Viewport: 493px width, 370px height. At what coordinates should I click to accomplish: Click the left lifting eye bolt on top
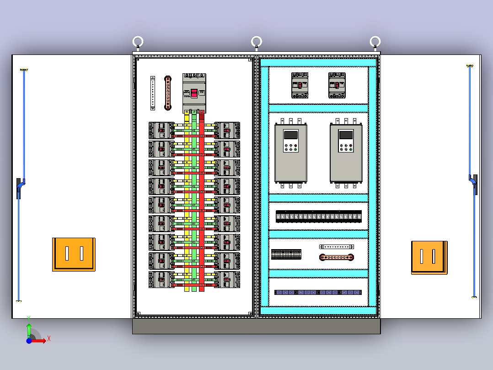click(x=138, y=42)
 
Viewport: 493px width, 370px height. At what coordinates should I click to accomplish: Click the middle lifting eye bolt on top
click(x=257, y=42)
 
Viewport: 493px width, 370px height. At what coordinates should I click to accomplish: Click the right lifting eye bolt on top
click(x=375, y=42)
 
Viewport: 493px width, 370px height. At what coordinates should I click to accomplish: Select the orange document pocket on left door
click(x=74, y=254)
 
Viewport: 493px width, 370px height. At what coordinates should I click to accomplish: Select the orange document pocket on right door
click(x=429, y=257)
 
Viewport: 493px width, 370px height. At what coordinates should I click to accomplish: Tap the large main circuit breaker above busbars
click(x=194, y=93)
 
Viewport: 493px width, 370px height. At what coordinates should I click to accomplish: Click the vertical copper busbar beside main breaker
click(x=168, y=93)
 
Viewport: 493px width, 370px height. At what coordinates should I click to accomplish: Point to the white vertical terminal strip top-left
click(x=153, y=93)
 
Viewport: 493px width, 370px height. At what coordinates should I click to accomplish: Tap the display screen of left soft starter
click(x=290, y=135)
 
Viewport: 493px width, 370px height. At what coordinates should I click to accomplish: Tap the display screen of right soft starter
click(x=346, y=135)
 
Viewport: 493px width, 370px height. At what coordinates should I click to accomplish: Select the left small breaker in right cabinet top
click(x=300, y=85)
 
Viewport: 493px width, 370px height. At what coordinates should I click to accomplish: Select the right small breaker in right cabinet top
click(x=337, y=85)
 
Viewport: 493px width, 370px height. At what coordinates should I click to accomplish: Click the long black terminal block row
click(x=319, y=216)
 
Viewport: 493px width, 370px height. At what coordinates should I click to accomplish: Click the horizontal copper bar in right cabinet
click(x=337, y=257)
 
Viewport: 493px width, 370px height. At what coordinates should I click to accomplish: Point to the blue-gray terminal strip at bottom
click(x=318, y=292)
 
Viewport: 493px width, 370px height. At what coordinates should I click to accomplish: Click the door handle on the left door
click(x=19, y=188)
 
